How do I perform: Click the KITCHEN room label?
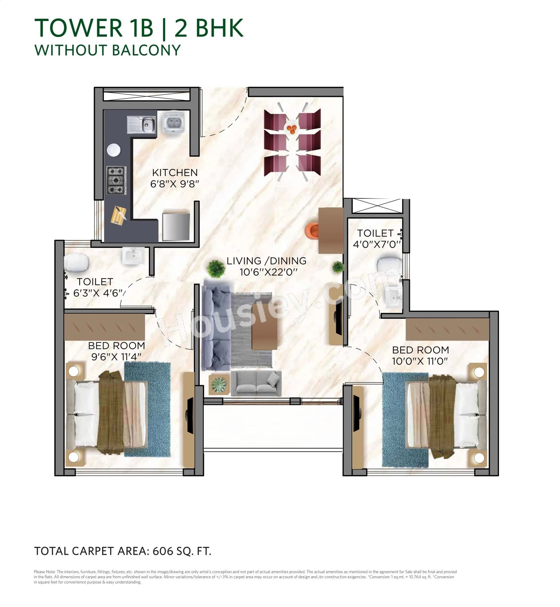point(175,173)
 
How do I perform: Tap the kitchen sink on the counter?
point(142,125)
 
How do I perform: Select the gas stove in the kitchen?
point(116,180)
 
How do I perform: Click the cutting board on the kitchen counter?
point(118,215)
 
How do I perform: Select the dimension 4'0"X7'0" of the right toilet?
point(377,245)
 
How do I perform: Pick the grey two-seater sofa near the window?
point(256,383)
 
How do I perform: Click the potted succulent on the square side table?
point(219,385)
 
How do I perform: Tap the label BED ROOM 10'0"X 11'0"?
point(420,355)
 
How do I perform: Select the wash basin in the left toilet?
point(133,256)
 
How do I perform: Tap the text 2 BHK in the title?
point(209,28)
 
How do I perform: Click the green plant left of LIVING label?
point(215,268)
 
